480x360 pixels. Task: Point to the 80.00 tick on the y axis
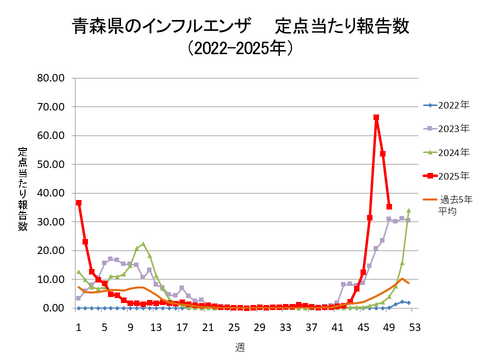click(x=50, y=78)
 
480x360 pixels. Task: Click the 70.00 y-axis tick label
click(x=50, y=107)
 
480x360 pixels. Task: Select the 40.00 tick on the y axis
click(x=50, y=193)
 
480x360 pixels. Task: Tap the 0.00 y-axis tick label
click(x=53, y=308)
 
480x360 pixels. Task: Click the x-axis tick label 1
click(x=78, y=324)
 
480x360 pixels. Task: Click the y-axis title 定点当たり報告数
click(x=22, y=190)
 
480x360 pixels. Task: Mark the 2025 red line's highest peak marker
click(x=376, y=118)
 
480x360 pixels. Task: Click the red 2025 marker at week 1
click(x=79, y=203)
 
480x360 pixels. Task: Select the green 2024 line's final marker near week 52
click(x=408, y=211)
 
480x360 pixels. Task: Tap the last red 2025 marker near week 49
click(x=389, y=207)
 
